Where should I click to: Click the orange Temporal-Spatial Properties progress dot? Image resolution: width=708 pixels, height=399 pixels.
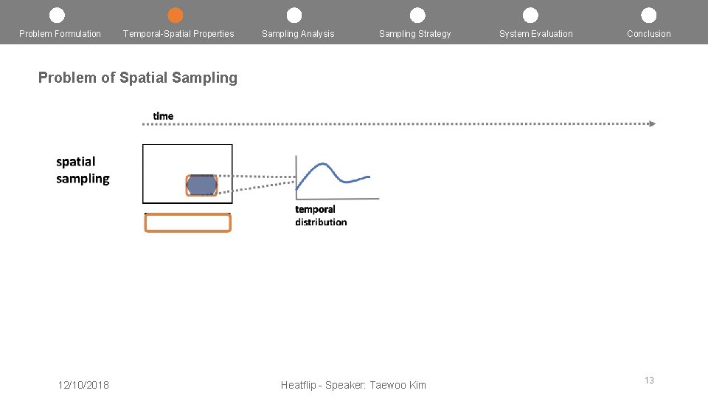pyautogui.click(x=176, y=16)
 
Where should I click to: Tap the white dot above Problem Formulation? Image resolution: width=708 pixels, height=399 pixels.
pyautogui.click(x=57, y=16)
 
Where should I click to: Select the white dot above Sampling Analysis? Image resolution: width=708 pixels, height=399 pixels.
pyautogui.click(x=294, y=16)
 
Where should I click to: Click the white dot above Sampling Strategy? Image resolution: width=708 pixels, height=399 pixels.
pyautogui.click(x=417, y=16)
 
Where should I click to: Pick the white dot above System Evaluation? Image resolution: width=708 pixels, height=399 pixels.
pyautogui.click(x=530, y=16)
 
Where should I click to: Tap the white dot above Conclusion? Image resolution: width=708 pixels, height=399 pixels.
pyautogui.click(x=648, y=16)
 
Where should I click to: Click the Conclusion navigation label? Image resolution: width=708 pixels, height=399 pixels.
pyautogui.click(x=649, y=34)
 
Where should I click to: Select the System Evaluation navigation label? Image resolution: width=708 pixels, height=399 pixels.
pyautogui.click(x=536, y=34)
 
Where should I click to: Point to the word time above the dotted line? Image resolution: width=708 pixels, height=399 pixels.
pyautogui.click(x=163, y=116)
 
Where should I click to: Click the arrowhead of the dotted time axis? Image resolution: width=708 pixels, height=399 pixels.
pyautogui.click(x=653, y=123)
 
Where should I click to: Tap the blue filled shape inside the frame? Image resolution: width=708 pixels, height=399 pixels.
pyautogui.click(x=201, y=185)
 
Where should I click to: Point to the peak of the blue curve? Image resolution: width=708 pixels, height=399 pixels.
pyautogui.click(x=322, y=163)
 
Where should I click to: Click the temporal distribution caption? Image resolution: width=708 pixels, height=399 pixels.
pyautogui.click(x=321, y=216)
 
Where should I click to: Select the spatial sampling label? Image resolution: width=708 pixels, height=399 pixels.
pyautogui.click(x=83, y=171)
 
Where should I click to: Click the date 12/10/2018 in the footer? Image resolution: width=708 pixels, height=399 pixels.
pyautogui.click(x=83, y=385)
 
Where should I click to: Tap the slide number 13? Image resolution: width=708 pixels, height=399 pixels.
pyautogui.click(x=649, y=380)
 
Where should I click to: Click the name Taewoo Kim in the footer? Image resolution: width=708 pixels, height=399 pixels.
pyautogui.click(x=398, y=385)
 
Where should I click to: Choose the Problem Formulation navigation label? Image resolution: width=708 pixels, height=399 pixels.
pyautogui.click(x=60, y=34)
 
